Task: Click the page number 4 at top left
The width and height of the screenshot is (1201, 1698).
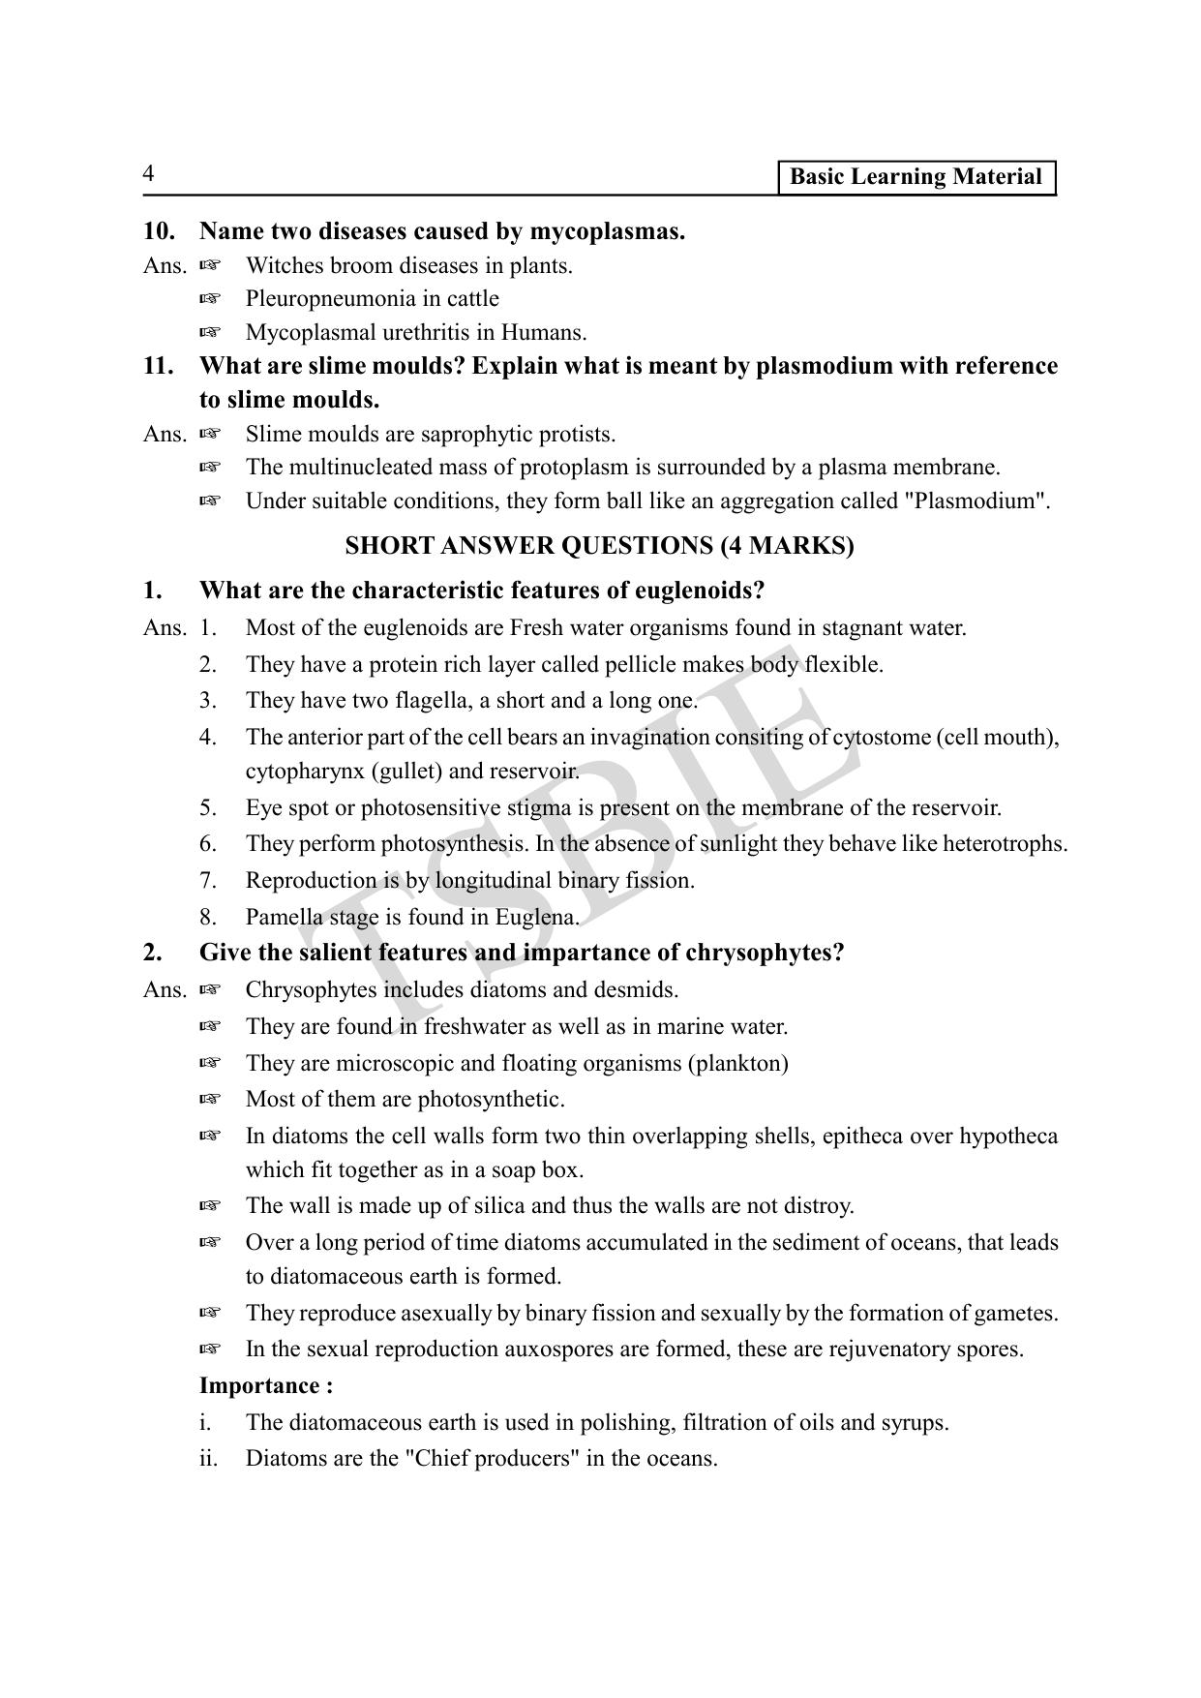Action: pos(148,174)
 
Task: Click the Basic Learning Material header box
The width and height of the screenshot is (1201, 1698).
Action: pos(916,177)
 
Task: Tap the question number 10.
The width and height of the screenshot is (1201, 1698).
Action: pos(159,231)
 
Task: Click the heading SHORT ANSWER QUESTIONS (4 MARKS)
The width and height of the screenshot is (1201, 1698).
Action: pos(599,546)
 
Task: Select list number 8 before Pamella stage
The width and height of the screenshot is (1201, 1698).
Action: pos(208,917)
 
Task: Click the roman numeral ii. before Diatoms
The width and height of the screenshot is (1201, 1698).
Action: pos(208,1459)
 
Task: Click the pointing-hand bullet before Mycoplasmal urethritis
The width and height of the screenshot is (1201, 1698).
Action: pos(210,333)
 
